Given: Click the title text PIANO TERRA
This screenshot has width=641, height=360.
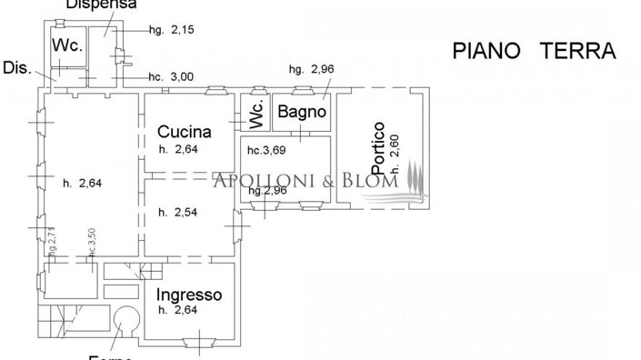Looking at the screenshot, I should click(534, 50).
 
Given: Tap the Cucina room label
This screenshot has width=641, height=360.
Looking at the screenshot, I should click(185, 131).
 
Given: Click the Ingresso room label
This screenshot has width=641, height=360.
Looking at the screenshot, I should click(189, 295).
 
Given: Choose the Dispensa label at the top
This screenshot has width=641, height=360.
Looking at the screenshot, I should click(101, 5).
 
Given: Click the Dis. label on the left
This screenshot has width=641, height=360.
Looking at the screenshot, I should click(17, 67).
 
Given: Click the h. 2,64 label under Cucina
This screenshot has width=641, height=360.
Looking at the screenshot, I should click(178, 149).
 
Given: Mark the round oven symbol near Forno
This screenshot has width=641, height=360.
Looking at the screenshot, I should click(125, 319).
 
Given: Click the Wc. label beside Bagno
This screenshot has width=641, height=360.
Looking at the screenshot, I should click(255, 116).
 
